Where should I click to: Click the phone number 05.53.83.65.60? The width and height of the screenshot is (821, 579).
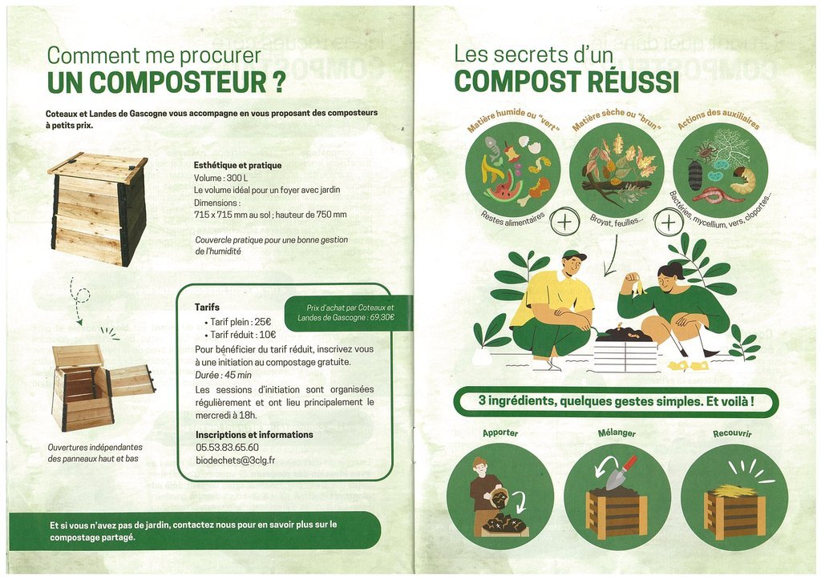point(227,448)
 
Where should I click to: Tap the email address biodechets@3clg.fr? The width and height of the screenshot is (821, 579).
point(235,460)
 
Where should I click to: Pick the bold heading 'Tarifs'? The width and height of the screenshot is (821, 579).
point(208,307)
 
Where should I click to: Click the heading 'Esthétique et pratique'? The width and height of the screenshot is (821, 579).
point(237,165)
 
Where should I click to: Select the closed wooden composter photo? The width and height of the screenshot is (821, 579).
point(98,209)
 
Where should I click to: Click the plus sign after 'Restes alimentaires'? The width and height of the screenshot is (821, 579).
point(565,222)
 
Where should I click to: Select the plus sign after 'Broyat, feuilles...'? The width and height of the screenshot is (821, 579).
point(669,223)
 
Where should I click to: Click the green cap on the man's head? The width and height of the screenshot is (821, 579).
point(574,255)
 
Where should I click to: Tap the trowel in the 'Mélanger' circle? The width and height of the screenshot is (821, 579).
point(621,472)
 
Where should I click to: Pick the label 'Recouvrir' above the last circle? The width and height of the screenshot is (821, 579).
point(732,433)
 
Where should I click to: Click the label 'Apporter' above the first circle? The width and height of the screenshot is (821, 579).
point(500,433)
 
